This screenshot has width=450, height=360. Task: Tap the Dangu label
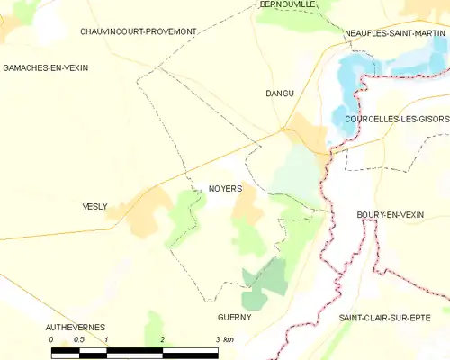click(280, 93)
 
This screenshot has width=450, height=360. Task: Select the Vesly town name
click(94, 206)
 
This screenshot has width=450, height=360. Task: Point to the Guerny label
click(234, 318)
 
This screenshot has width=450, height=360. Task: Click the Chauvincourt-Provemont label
click(138, 31)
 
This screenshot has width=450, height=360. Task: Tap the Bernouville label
click(287, 4)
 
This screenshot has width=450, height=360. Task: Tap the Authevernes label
click(76, 326)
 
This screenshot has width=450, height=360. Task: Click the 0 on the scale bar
click(51, 339)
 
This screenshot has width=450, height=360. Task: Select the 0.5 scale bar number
click(78, 339)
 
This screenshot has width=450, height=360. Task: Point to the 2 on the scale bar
click(162, 339)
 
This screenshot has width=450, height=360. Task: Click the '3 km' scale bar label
click(224, 339)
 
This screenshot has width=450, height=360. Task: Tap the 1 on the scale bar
click(106, 339)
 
